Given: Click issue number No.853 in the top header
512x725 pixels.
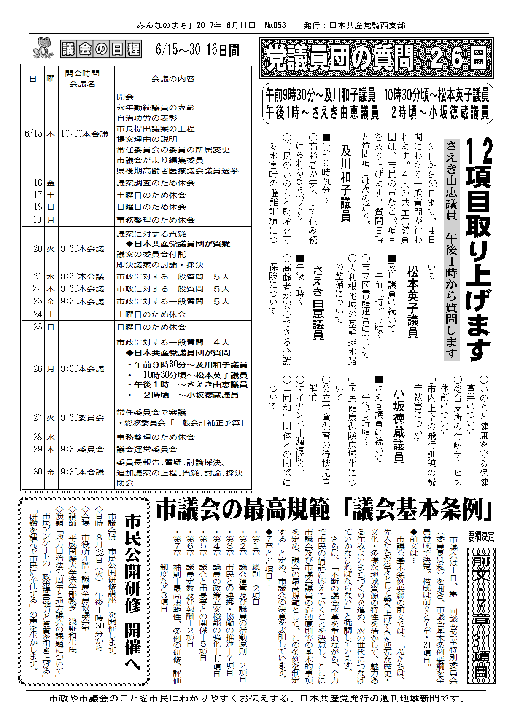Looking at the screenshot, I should pos(275,25).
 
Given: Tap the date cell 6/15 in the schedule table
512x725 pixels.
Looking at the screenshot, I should pos(33,134).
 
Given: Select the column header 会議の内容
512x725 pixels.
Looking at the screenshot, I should pos(173,79).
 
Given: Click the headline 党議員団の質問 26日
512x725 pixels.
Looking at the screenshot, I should pos(376,58).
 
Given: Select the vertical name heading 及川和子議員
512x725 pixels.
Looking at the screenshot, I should pos(345,183).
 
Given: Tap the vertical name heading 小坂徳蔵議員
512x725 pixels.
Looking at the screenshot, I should pos(398,426).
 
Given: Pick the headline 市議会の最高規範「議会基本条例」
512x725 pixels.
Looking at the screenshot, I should pos(324,510).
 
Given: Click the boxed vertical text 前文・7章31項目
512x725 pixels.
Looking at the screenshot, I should pos(481,615).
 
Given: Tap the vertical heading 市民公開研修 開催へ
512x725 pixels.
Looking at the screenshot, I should pos(132,590).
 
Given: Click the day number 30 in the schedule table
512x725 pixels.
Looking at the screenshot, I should pos(38,472).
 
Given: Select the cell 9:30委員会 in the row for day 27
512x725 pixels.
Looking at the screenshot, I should pos(82,418).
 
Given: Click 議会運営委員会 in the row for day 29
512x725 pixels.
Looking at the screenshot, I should pos(147,449).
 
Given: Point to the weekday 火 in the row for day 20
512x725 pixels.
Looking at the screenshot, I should pos(51,249).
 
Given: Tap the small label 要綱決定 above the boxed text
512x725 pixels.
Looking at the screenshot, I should pos(481,536).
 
